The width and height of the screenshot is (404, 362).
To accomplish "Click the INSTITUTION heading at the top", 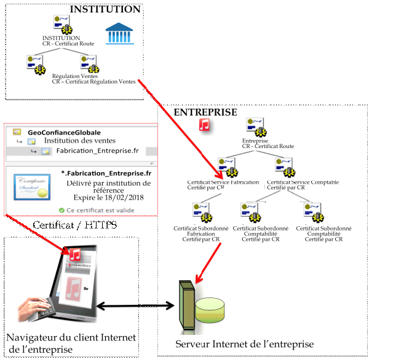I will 105,9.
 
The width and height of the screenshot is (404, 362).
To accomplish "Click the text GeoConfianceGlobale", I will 64,132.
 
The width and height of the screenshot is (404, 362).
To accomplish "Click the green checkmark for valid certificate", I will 61,210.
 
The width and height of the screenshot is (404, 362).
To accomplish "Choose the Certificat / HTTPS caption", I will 74,226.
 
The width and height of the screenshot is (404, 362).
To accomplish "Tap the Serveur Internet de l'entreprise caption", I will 244,344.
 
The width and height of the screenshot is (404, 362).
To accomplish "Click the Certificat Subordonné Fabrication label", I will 200,234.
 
